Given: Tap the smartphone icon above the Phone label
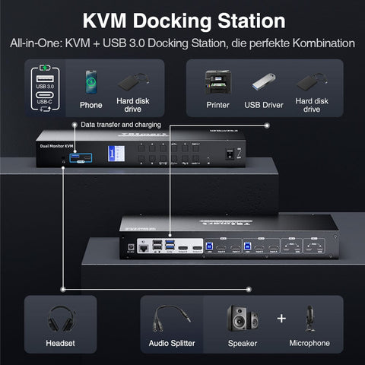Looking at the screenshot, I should [x=90, y=82].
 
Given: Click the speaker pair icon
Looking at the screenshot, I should [x=240, y=318].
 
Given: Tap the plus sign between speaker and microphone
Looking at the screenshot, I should [x=281, y=318].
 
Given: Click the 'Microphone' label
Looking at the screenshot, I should [x=309, y=344].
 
